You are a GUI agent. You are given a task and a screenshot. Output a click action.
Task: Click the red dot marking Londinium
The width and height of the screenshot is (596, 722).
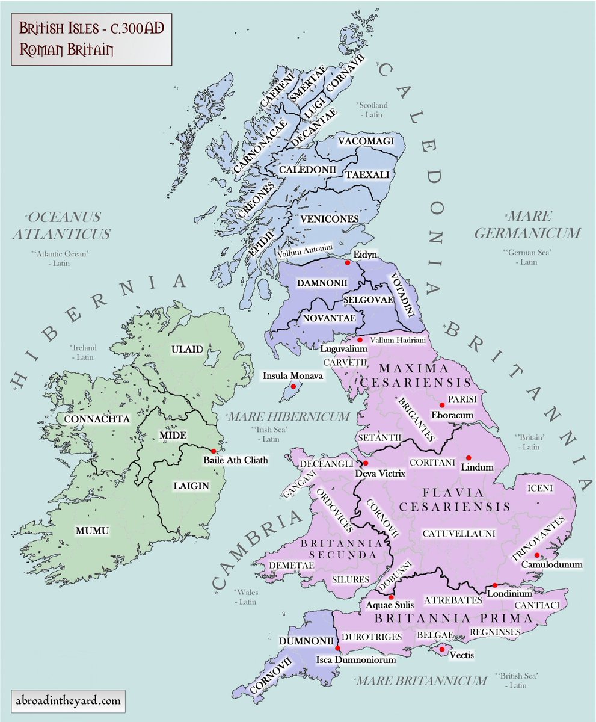tap(494, 585)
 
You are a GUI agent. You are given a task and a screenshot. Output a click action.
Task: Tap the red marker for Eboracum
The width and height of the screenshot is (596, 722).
tap(442, 405)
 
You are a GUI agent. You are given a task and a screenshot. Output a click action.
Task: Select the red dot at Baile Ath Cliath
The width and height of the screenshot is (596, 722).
tap(214, 451)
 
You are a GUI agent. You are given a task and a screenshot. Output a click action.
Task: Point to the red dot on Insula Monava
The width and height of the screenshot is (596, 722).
tap(293, 386)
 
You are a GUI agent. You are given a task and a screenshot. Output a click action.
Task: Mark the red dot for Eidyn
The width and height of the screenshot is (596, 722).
tap(346, 262)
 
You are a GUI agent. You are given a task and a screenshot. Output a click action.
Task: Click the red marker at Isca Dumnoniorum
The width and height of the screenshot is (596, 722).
tap(338, 648)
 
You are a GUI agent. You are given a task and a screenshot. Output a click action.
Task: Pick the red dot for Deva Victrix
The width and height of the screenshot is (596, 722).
tap(364, 463)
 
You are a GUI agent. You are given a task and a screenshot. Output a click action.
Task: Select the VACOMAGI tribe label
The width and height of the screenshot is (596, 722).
tap(366, 141)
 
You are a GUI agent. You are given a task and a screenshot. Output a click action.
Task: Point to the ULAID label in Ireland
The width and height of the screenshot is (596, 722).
tap(187, 349)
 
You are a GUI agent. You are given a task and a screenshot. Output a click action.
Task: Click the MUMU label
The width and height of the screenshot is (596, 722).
tap(92, 530)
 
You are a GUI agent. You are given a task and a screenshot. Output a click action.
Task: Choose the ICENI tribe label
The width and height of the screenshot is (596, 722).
tap(540, 488)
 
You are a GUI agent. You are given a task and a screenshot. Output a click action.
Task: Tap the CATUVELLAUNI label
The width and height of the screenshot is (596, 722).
tap(450, 533)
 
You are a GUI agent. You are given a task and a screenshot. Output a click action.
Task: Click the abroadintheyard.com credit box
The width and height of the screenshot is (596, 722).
tap(69, 700)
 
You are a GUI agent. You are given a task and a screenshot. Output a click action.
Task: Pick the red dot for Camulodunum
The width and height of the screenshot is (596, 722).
tap(537, 555)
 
